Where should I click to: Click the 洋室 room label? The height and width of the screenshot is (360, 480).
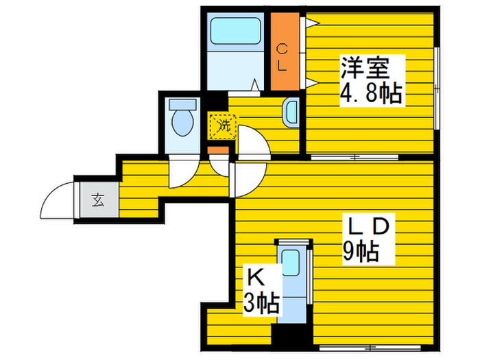click(x=365, y=69)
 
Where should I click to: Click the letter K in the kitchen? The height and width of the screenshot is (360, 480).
click(x=256, y=277)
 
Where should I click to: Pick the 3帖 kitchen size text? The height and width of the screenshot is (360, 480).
click(x=261, y=302)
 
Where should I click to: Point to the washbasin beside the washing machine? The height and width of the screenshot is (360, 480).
click(x=291, y=113)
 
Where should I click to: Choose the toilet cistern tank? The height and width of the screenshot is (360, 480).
click(x=182, y=105)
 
